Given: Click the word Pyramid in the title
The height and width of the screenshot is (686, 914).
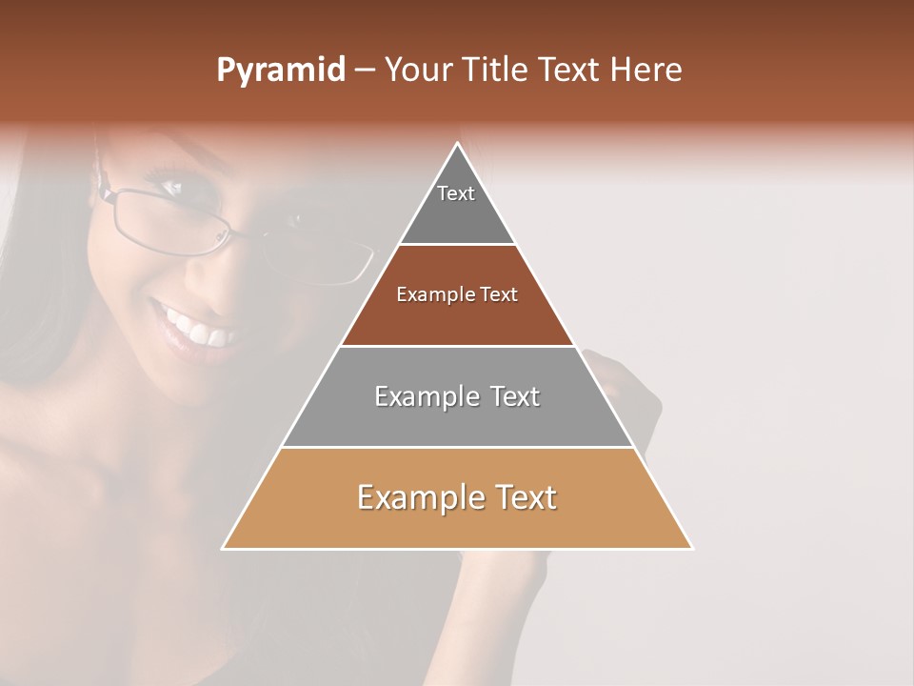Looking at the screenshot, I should (x=280, y=71).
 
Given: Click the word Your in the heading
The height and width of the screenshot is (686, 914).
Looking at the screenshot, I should (x=417, y=71).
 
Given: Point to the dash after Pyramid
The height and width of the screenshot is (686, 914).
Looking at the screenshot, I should (x=364, y=71).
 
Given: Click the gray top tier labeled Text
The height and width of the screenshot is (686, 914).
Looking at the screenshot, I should (x=456, y=205).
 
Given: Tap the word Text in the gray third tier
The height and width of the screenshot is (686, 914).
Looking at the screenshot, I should (x=515, y=396).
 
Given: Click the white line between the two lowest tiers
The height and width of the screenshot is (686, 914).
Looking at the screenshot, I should (x=457, y=447).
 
